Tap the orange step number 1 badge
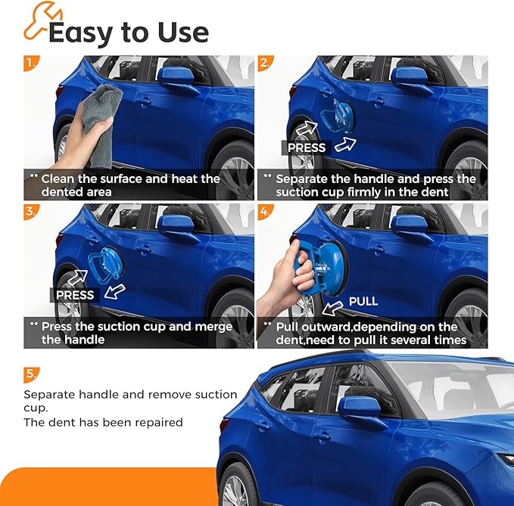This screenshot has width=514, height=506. tap(30, 63)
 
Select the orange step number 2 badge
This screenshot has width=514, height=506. tap(264, 63)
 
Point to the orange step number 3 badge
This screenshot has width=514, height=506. tap(30, 211)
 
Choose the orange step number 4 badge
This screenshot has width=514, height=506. tap(264, 211)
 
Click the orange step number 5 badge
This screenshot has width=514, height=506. tap(30, 373)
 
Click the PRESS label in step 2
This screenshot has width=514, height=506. tap(307, 147)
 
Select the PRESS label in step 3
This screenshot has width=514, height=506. tap(74, 295)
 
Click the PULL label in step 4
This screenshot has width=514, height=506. tap(363, 302)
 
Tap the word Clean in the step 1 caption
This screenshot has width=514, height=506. tap(58, 179)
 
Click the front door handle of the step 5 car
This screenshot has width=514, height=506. tap(322, 436)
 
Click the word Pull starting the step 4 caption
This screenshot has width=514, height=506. tap(288, 327)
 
